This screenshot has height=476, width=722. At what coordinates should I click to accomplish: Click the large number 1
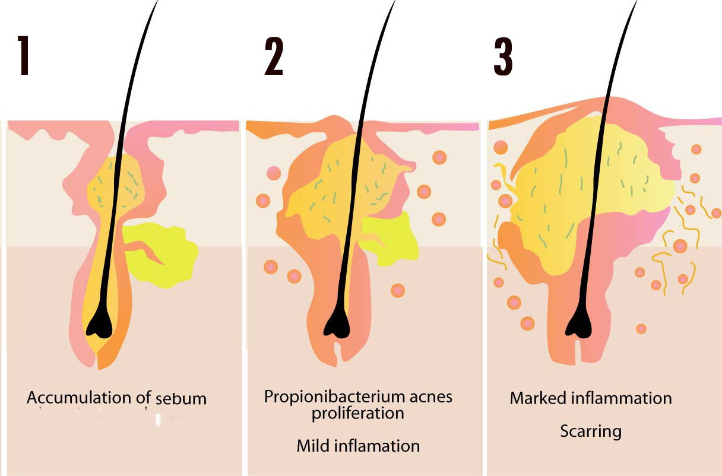click(24, 56)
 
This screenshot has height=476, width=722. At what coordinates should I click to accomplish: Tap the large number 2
click(274, 56)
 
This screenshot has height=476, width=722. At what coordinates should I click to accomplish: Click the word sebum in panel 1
click(181, 399)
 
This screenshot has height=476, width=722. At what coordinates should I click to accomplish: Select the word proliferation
click(358, 413)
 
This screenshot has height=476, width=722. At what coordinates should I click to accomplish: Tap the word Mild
click(313, 445)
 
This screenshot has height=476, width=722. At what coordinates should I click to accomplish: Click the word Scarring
click(590, 430)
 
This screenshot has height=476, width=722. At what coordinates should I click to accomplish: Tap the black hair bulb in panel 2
click(336, 326)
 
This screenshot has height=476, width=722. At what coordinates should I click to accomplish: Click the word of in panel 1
click(142, 397)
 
